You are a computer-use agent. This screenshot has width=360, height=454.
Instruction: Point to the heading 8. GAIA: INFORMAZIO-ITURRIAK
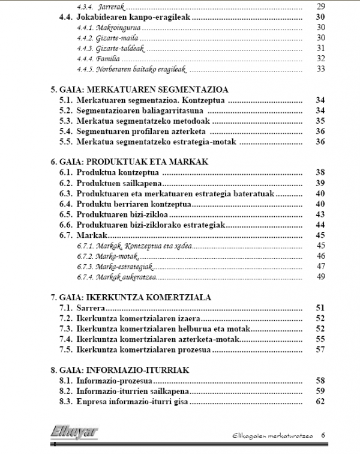click(x=121, y=370)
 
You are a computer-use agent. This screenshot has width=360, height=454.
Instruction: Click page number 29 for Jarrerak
click(x=320, y=7)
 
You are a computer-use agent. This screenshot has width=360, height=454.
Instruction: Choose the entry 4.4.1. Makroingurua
click(x=109, y=28)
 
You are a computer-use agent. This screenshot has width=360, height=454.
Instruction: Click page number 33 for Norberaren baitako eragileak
click(x=320, y=68)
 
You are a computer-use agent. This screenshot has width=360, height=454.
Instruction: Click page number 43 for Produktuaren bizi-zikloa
click(x=320, y=214)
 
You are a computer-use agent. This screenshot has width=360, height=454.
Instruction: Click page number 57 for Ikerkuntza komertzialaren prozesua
click(x=320, y=349)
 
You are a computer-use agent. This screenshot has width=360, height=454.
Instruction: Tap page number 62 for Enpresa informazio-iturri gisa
click(x=320, y=401)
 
